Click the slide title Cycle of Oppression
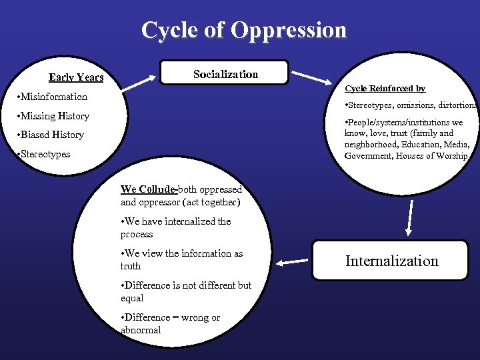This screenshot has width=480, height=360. [244, 30]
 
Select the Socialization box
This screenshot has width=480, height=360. [225, 73]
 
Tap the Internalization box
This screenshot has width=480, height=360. [391, 261]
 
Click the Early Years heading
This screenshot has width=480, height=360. [76, 78]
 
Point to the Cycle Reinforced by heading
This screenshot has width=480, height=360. [385, 89]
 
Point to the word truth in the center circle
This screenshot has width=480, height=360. [131, 266]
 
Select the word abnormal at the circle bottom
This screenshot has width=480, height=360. [141, 330]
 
